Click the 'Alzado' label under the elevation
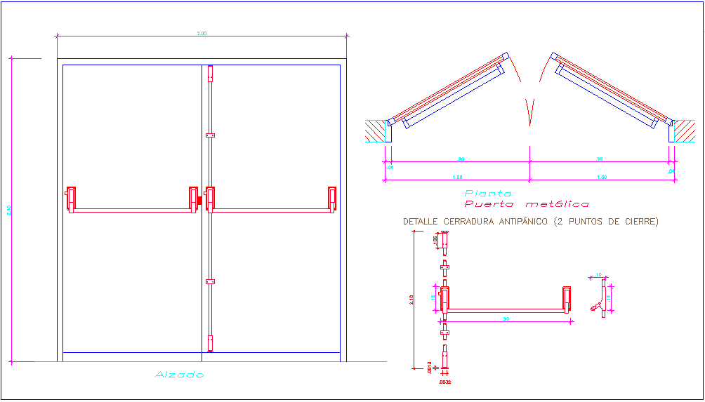pyautogui.click(x=179, y=375)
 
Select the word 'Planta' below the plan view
pyautogui.click(x=488, y=193)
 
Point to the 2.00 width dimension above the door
pyautogui.click(x=202, y=33)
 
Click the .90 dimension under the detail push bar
pyautogui.click(x=506, y=319)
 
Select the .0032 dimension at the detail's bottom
pyautogui.click(x=444, y=382)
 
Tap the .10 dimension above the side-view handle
pyautogui.click(x=598, y=275)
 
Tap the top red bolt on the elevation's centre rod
pyautogui.click(x=209, y=74)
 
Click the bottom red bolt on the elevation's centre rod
pyautogui.click(x=209, y=343)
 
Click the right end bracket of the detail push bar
pyautogui.click(x=566, y=298)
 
